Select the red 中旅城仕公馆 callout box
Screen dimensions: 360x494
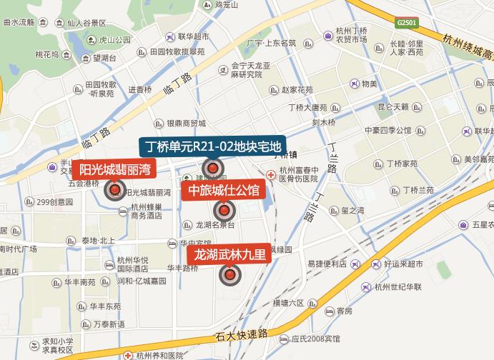pos(224,190)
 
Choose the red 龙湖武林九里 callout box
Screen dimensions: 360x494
pos(229,254)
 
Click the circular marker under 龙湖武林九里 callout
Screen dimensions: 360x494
pos(229,274)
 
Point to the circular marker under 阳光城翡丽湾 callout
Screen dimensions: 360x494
pos(114,191)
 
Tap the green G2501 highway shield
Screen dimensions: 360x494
pos(406,23)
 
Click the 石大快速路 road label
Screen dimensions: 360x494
pos(243,334)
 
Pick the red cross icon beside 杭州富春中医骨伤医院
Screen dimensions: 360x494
pos(271,174)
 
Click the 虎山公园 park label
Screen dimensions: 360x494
pos(114,40)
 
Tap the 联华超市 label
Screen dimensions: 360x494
pos(193,37)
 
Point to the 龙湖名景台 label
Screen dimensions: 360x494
pos(215,224)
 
